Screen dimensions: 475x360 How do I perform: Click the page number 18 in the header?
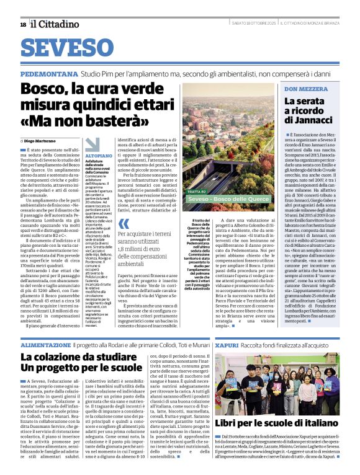pyautogui.click(x=23, y=24)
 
